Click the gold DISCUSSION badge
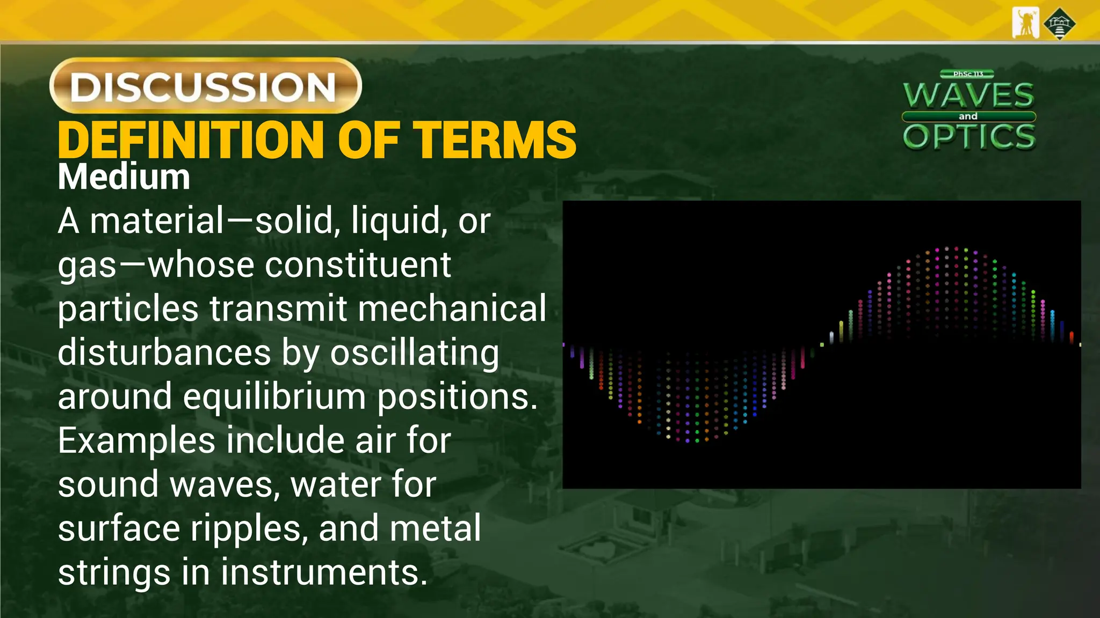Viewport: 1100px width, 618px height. pyautogui.click(x=205, y=86)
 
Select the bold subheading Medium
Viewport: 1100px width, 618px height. pyautogui.click(x=124, y=177)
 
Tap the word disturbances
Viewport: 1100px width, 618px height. pyautogui.click(x=164, y=353)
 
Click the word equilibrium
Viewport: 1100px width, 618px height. pyautogui.click(x=274, y=397)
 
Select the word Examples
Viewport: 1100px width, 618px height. pyautogui.click(x=136, y=441)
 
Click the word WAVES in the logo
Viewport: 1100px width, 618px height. pyautogui.click(x=968, y=95)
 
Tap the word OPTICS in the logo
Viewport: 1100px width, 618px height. pyautogui.click(x=969, y=137)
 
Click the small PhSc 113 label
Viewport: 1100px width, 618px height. pyautogui.click(x=967, y=74)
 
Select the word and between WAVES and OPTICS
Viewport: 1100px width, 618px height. pyautogui.click(x=968, y=116)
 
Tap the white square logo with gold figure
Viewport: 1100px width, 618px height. pyautogui.click(x=1025, y=23)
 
